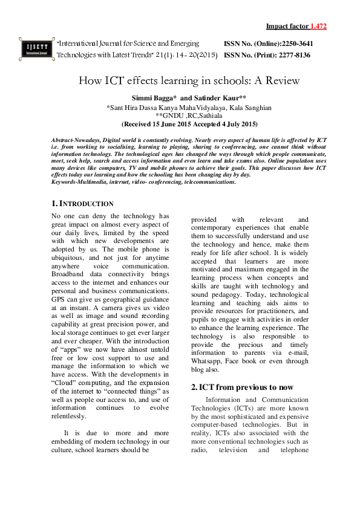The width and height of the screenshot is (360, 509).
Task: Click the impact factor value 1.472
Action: coord(318,27)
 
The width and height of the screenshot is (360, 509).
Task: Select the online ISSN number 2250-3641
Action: coord(294,44)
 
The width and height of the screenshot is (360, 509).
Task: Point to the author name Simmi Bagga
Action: coord(153,98)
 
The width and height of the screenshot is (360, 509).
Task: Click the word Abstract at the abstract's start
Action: coord(65,140)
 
